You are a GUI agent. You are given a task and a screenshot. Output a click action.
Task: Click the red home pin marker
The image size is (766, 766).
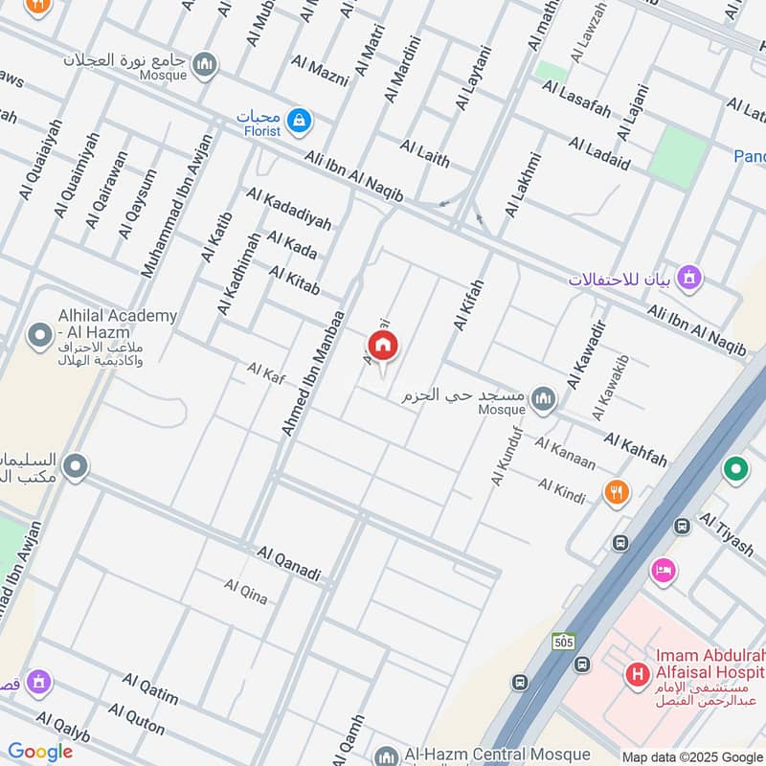[383, 347]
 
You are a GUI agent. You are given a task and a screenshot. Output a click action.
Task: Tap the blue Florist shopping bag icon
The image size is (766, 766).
[301, 120]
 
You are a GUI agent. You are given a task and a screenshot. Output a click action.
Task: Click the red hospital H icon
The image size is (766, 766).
[637, 676]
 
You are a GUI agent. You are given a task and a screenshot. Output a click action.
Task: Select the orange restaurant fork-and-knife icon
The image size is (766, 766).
[617, 492]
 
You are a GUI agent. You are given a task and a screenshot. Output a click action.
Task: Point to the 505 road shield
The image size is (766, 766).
[564, 642]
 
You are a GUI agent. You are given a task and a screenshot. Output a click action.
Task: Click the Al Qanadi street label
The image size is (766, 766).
[287, 564]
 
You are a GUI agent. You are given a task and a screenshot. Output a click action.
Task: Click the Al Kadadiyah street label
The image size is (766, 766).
[288, 209]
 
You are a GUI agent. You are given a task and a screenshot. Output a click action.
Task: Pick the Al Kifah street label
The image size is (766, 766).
[469, 305]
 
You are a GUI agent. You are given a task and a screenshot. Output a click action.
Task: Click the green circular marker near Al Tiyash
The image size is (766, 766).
[735, 469]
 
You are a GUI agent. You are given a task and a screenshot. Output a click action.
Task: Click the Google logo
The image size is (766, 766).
[40, 752]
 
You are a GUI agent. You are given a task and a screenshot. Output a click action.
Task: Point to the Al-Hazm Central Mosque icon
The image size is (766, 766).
[386, 755]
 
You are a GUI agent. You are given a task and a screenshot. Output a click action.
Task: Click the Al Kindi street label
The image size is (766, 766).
[561, 487]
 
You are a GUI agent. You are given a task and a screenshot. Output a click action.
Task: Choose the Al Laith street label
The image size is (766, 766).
[424, 153]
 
